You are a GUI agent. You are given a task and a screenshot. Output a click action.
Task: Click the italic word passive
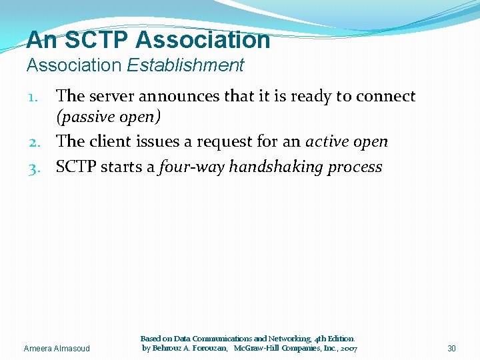pyautogui.click(x=83, y=118)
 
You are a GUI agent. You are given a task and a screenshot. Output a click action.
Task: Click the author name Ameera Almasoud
pyautogui.click(x=56, y=349)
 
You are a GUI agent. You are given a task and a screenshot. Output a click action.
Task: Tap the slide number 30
pyautogui.click(x=451, y=349)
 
